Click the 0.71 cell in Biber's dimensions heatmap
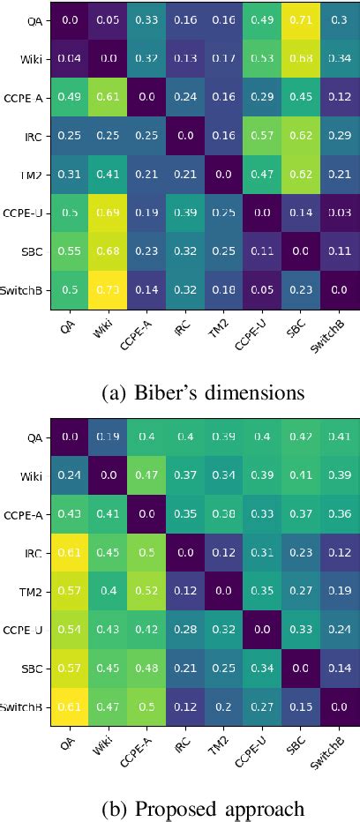(301, 19)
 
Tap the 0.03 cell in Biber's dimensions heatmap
(340, 213)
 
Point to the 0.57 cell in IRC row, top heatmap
(262, 136)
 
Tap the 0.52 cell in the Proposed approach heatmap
(146, 590)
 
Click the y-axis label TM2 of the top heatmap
(29, 176)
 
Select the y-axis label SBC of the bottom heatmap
(31, 668)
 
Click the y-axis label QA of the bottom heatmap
(34, 436)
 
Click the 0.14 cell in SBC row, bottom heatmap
(340, 668)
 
